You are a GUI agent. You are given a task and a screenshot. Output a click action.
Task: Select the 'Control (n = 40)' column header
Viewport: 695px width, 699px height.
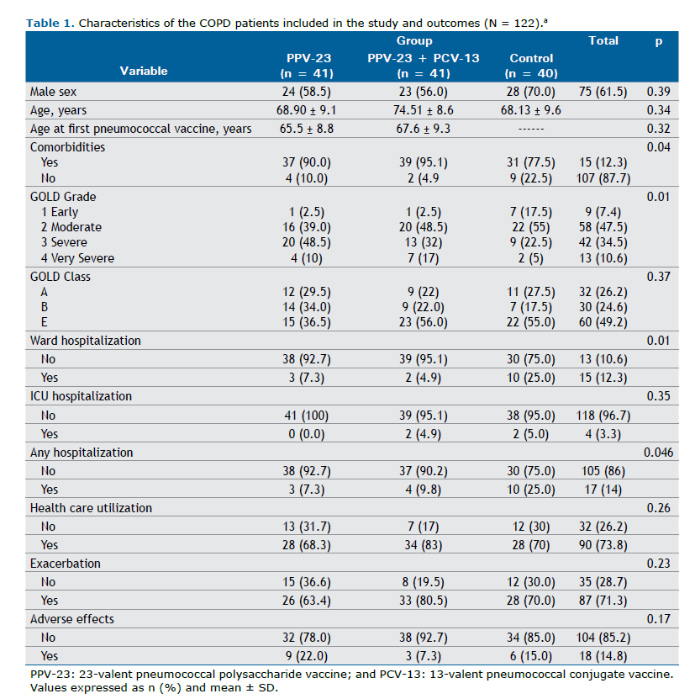click(x=531, y=65)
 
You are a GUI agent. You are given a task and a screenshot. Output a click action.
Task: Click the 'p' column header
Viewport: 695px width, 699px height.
click(x=658, y=41)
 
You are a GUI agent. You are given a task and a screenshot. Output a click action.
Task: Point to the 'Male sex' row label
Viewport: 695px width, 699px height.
click(x=54, y=91)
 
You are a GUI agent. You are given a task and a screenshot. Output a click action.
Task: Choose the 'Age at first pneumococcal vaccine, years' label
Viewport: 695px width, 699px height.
click(x=140, y=129)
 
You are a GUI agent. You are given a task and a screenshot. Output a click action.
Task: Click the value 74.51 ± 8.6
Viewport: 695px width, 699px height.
click(x=413, y=110)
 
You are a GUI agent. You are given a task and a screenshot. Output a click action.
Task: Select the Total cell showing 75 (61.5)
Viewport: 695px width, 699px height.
click(x=603, y=91)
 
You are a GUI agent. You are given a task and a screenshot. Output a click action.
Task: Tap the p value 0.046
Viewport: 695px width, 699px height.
click(x=659, y=453)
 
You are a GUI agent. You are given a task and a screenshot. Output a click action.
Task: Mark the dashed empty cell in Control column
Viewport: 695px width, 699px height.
click(x=531, y=129)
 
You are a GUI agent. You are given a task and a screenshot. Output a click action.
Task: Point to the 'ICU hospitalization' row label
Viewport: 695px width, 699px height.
click(x=81, y=396)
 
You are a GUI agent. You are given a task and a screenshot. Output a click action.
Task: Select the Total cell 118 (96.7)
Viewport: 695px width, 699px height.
click(x=603, y=415)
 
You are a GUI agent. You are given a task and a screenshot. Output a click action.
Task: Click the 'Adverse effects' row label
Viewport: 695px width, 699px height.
click(x=72, y=619)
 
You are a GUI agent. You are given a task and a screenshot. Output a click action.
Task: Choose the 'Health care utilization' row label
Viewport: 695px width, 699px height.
click(x=91, y=508)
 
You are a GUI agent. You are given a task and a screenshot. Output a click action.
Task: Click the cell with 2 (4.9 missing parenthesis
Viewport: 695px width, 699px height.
click(x=413, y=178)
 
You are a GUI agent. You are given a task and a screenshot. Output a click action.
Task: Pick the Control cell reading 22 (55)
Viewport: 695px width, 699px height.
click(x=531, y=227)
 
